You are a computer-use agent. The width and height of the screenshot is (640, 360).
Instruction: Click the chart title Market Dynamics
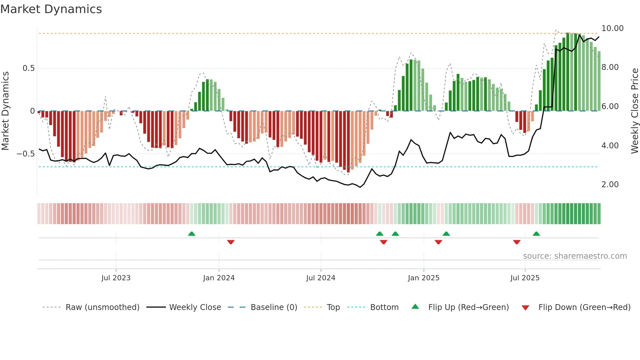[51, 9]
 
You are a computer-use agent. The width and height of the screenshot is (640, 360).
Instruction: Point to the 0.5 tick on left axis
[28, 68]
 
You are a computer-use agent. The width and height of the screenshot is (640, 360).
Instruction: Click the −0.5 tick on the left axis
[26, 154]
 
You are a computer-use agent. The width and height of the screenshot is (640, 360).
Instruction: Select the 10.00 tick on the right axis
[612, 28]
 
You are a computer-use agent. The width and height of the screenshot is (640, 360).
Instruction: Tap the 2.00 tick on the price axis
[610, 185]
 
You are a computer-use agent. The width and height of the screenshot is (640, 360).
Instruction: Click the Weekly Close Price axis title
[634, 111]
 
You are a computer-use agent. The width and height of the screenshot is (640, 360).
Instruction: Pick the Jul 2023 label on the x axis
[116, 278]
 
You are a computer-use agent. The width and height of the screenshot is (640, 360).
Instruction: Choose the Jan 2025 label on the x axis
[423, 278]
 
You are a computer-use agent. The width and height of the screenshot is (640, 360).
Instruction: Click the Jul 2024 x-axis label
[320, 278]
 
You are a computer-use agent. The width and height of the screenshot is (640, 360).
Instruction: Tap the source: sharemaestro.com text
[575, 256]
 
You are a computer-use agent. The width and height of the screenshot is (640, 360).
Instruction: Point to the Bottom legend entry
[384, 307]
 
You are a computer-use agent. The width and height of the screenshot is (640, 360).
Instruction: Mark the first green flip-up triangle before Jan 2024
[192, 234]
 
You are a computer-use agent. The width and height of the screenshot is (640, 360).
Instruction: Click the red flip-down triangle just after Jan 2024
[231, 242]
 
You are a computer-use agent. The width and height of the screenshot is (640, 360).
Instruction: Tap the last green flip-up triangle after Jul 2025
[536, 234]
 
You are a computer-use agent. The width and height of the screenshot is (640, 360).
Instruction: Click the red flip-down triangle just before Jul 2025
[517, 242]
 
